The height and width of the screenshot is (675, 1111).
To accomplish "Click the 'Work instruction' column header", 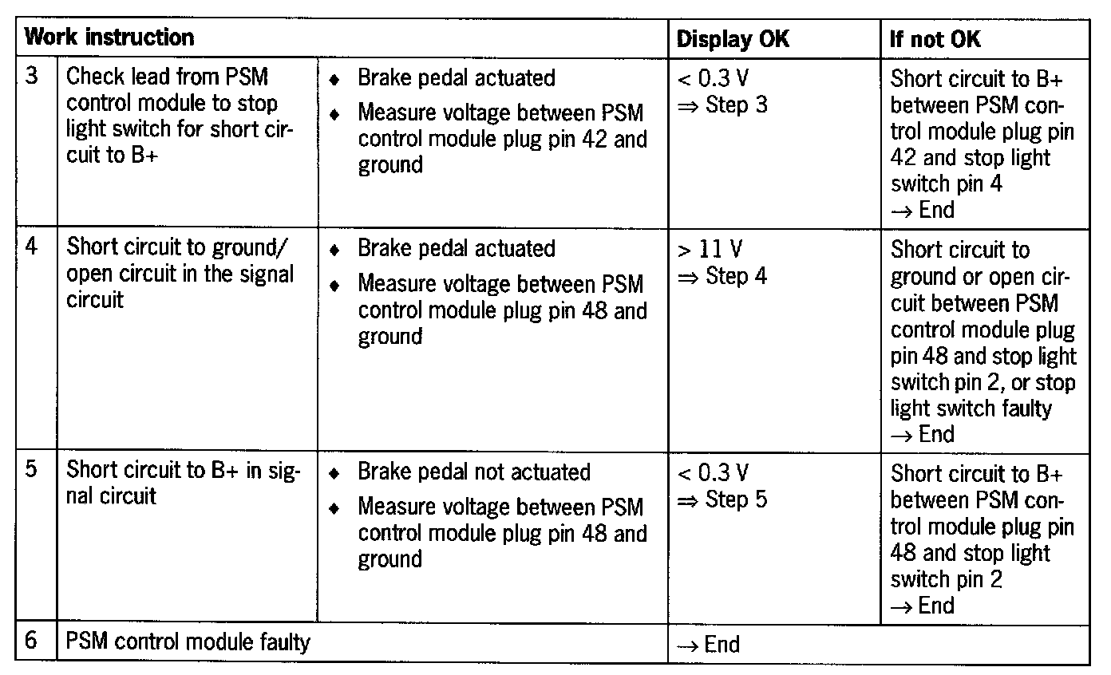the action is pos(109,37).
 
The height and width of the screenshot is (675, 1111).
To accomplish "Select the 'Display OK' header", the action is pos(733,39).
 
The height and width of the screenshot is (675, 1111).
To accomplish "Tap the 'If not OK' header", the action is pos(935,39).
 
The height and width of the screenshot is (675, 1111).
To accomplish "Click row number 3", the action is pos(33,77).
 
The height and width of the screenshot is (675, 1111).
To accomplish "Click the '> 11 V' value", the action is pos(710,250).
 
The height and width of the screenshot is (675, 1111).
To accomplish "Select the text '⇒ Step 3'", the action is pos(722,105).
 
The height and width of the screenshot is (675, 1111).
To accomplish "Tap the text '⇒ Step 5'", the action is pos(722,500).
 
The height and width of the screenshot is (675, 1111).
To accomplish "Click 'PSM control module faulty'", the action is pos(188,641).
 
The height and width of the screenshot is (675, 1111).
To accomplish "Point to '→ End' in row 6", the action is pos(708,644).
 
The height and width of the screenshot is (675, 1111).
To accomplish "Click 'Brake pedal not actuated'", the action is pos(473,472).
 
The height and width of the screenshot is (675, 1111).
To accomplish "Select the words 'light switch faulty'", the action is pos(971,409).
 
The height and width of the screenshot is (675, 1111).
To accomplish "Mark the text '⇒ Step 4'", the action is pos(722,277).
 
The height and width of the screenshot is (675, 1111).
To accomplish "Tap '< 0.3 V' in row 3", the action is pos(713,78).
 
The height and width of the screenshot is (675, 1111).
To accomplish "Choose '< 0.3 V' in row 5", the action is pos(713,473).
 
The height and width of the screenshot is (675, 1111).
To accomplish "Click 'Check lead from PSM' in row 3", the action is pos(167,77).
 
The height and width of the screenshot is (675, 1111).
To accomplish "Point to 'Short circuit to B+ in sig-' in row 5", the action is pos(183,469).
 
